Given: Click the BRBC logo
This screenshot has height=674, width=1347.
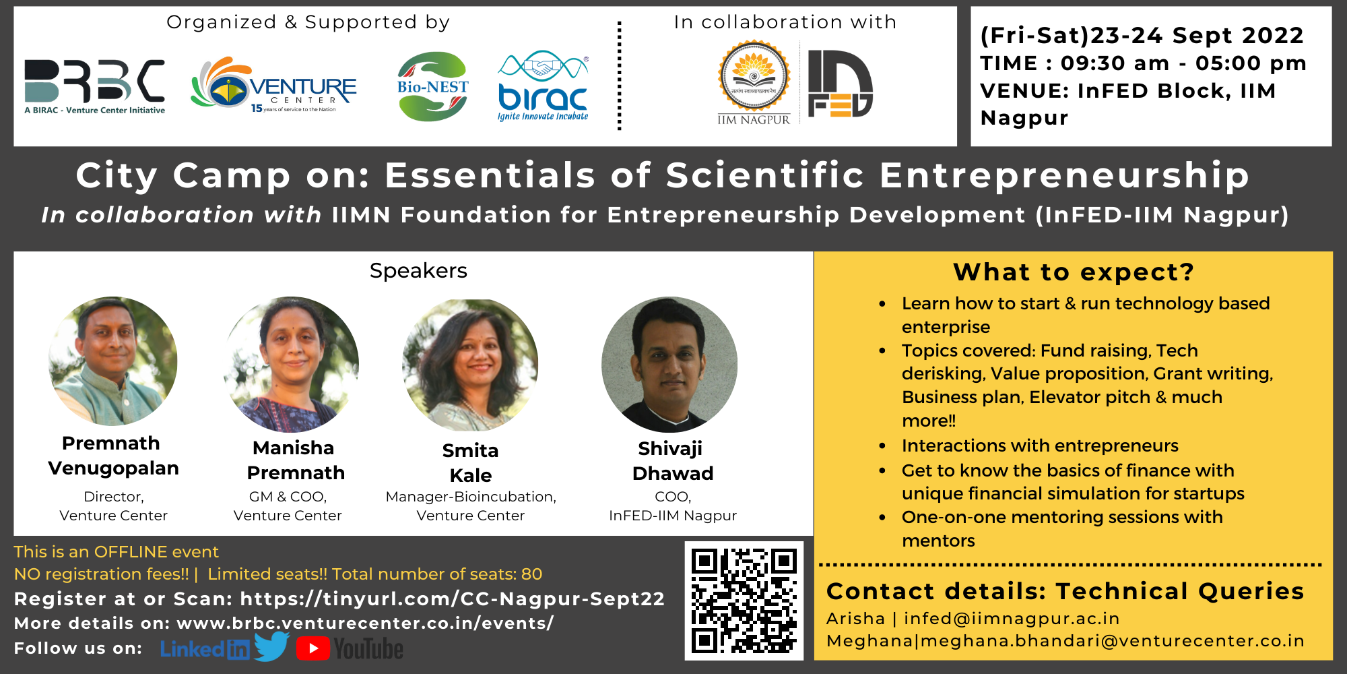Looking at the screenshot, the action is pos(94,86).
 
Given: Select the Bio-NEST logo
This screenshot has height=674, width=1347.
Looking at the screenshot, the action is pos(432,86).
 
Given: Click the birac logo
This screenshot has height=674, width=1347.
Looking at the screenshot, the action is pos(543,86).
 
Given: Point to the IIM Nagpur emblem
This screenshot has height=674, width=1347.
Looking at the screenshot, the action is pos(754,83).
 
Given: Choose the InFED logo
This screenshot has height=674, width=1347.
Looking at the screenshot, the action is pos(841,84).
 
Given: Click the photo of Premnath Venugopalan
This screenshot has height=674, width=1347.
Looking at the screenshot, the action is pos(113,361).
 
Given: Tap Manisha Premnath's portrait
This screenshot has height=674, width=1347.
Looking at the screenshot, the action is pos(292,364).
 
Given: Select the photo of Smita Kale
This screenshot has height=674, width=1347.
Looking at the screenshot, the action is pos(470,365).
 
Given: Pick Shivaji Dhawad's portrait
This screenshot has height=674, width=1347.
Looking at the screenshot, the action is pos(669,365).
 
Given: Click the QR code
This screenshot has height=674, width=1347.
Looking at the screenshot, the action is pos(744,601).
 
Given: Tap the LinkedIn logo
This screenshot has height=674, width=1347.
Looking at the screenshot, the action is pos(205,649).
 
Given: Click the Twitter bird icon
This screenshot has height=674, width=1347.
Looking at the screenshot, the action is pos(272,646).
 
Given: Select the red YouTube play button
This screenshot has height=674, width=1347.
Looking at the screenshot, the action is pos(313,648).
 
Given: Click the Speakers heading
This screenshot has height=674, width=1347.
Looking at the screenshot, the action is pos(418,271).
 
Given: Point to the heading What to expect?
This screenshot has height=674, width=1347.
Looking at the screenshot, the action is pos(1074,272).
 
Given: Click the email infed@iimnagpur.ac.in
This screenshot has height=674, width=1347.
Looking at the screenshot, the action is pos(1012,619).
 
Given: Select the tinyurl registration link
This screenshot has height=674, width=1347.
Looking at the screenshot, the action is pos(453,599).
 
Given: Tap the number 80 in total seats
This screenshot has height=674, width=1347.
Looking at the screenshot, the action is pos(532,574).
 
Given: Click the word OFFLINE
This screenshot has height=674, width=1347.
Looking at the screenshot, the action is pos(131,552).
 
